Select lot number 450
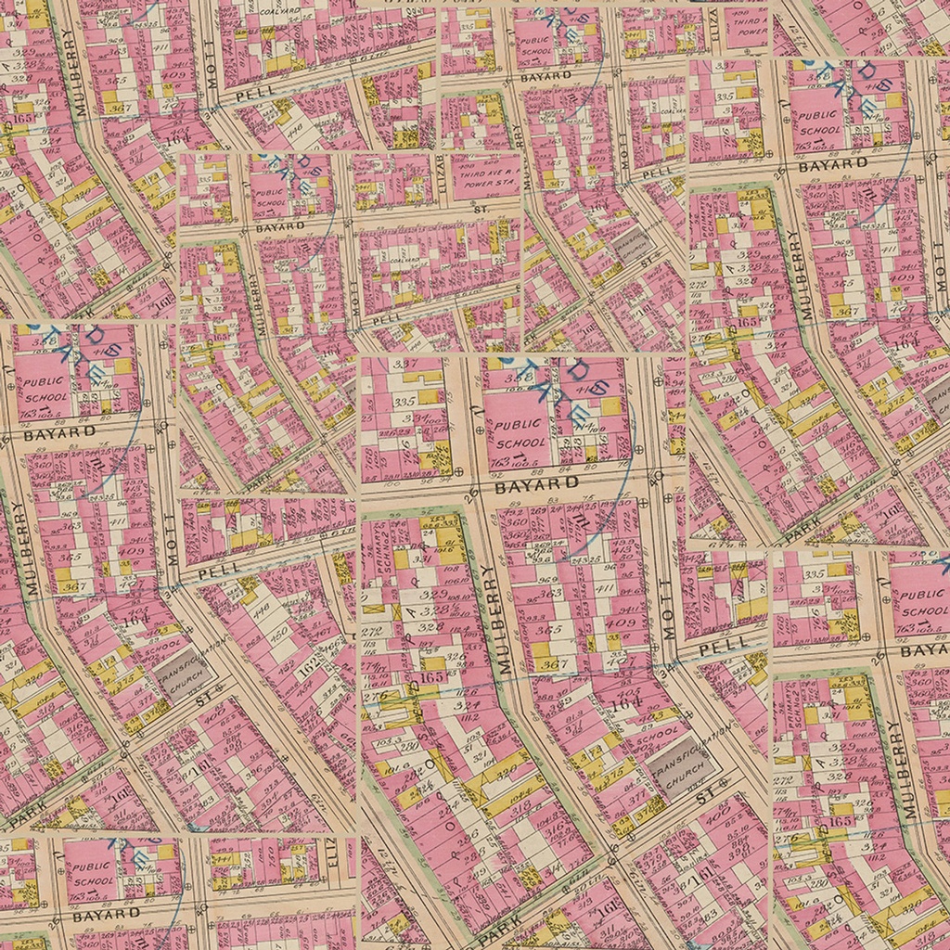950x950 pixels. [280, 632]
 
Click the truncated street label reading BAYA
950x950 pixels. [924, 651]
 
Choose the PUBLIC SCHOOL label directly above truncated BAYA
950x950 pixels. [922, 603]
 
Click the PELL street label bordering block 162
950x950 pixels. [218, 567]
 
